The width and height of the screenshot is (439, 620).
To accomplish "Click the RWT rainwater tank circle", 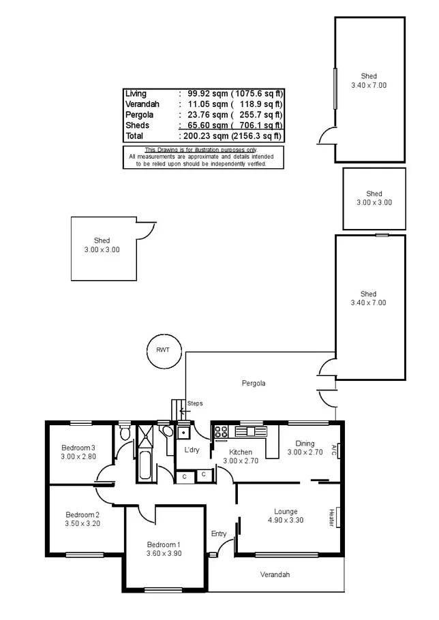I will click(163, 350).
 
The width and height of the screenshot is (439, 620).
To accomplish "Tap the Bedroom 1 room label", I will click(164, 544).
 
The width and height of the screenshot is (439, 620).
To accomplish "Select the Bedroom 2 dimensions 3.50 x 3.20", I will click(82, 524).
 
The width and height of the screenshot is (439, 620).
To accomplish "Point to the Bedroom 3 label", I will click(78, 447).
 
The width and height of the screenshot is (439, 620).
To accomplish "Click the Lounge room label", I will click(286, 511).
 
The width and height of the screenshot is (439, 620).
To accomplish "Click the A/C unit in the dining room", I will click(334, 450).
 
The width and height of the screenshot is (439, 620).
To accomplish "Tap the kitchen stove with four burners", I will click(222, 431).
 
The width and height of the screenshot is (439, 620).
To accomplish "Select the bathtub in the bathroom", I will click(145, 463).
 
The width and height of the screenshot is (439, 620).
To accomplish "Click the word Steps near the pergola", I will click(195, 403).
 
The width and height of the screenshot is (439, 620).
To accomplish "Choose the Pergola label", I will click(254, 384).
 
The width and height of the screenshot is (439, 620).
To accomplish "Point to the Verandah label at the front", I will click(275, 575).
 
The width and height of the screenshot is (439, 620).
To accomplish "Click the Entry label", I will click(219, 533).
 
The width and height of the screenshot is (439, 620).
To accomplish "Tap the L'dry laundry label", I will click(192, 450).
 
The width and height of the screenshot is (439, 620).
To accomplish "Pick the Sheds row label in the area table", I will click(137, 125).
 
